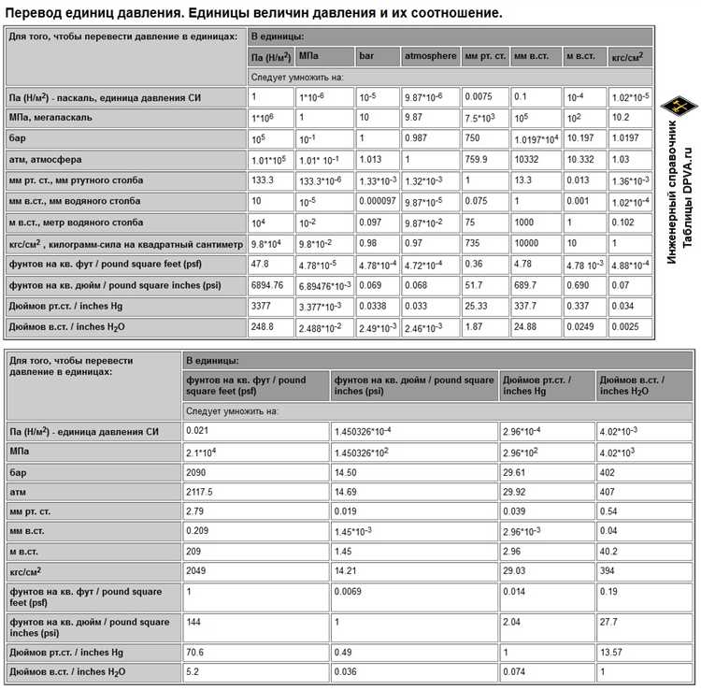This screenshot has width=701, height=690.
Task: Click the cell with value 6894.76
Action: click(267, 284)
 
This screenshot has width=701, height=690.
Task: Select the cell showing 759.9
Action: click(479, 159)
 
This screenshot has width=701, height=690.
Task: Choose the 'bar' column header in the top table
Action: click(366, 57)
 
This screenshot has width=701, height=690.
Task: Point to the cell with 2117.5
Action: click(200, 491)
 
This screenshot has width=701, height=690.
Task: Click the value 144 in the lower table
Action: click(194, 622)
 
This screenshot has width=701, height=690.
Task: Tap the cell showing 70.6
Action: click(196, 652)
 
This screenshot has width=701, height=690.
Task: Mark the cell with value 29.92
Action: click(516, 491)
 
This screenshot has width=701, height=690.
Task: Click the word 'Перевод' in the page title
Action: click(36, 13)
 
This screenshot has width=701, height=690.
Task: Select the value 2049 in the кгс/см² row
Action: click(196, 569)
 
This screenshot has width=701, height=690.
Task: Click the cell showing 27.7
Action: click(608, 622)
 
